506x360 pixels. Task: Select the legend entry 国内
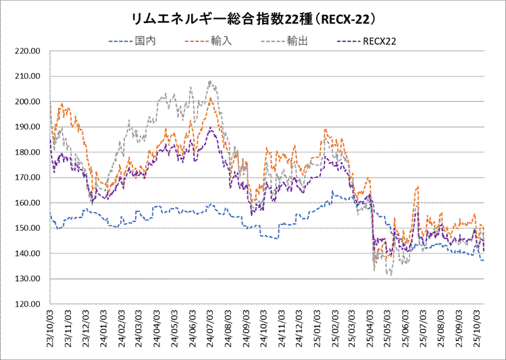[144, 41]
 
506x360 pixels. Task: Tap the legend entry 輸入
[222, 41]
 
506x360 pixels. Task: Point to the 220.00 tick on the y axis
[29, 51]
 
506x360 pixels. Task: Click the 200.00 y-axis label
[29, 101]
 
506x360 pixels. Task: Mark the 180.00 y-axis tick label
[29, 152]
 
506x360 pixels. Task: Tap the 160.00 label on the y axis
[29, 203]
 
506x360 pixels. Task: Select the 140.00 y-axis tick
[29, 253]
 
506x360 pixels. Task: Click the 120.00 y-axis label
[29, 304]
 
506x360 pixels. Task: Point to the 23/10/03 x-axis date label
[51, 329]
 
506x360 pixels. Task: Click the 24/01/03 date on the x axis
[104, 329]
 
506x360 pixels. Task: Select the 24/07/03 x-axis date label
[211, 329]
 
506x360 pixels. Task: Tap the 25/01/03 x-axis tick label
[318, 329]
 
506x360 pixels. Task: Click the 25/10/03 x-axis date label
[477, 329]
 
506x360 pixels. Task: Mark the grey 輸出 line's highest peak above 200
[211, 82]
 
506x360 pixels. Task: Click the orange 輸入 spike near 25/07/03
[418, 187]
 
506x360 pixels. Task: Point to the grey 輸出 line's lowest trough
[390, 275]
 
